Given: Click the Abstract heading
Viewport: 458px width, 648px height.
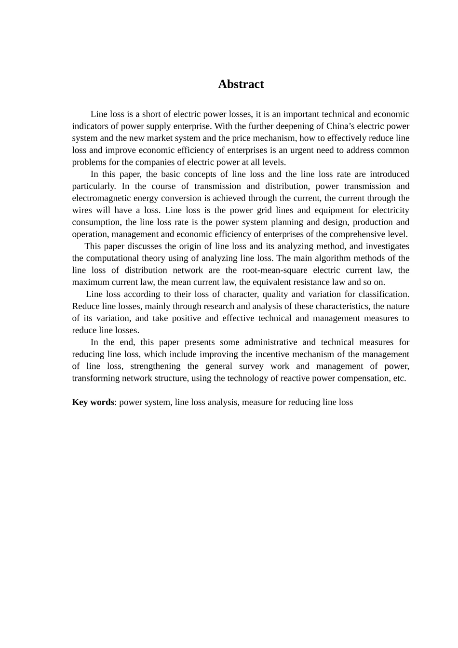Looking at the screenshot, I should coord(241,84).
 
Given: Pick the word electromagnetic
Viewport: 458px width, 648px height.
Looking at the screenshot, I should coord(100,198).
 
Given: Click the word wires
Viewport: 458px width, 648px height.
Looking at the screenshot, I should coord(82,210).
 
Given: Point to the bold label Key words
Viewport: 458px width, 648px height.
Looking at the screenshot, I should coord(93,402).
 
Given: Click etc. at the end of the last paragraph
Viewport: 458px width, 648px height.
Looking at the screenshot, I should coord(400,378).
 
